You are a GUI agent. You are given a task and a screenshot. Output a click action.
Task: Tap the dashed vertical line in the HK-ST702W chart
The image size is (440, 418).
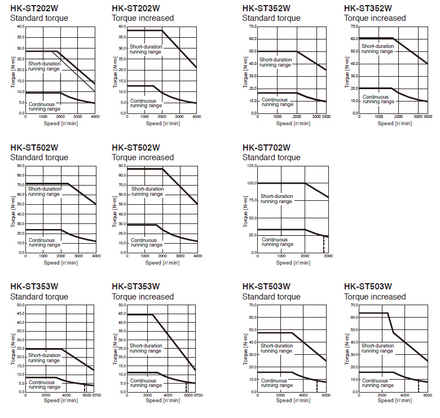pos(323,244)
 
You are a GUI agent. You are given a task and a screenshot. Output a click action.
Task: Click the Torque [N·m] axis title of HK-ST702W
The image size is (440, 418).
pos(245,210)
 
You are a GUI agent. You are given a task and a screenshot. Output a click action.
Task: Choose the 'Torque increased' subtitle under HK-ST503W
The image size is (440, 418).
pos(375,297)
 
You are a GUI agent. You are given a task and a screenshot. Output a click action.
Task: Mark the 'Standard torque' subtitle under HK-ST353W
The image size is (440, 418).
pos(39,297)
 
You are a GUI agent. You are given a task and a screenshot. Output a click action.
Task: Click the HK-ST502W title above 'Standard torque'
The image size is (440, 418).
pos(34,148)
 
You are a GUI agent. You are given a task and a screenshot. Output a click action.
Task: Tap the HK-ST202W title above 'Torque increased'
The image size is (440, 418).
pos(135,8)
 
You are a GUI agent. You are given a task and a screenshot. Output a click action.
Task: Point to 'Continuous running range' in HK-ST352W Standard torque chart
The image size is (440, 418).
pos(276,102)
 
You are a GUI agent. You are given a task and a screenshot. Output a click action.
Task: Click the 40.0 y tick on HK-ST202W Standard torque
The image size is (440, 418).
pos(19,27)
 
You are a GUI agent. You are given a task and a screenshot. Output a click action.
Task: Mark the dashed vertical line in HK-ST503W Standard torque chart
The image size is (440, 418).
pos(316,386)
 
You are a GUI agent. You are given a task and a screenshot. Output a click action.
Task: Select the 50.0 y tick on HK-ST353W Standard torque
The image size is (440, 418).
pos(19,305)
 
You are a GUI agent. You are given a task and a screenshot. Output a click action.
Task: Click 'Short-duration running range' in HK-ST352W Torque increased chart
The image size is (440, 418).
pos(377,49)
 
